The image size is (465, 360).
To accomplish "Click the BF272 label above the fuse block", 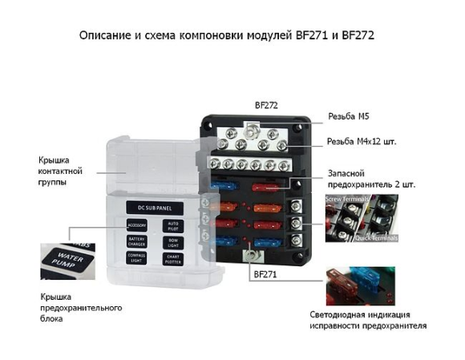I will pyautogui.click(x=265, y=105).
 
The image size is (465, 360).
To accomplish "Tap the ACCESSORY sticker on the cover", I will pyautogui.click(x=135, y=226).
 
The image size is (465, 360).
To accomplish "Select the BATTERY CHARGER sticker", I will pyautogui.click(x=135, y=241).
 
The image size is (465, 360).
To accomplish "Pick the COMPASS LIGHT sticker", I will pyautogui.click(x=135, y=257).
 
